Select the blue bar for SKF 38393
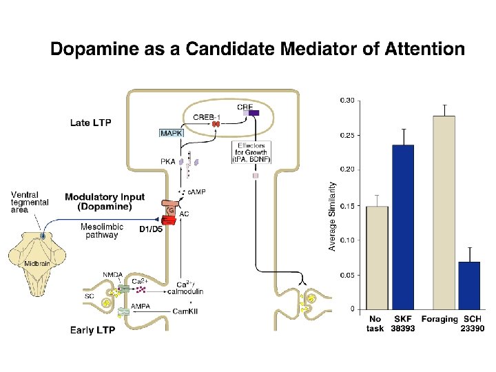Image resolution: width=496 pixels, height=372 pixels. click(x=403, y=227)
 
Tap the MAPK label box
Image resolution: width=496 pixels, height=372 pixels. click(x=171, y=132)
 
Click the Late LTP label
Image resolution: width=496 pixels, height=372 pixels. click(x=90, y=123)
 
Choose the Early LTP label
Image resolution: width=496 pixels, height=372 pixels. click(x=92, y=329)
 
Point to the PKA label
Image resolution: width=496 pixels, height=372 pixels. click(x=167, y=162)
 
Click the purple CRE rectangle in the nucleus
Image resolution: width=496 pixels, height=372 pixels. click(x=254, y=112)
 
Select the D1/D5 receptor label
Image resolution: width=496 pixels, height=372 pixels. click(x=151, y=229)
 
